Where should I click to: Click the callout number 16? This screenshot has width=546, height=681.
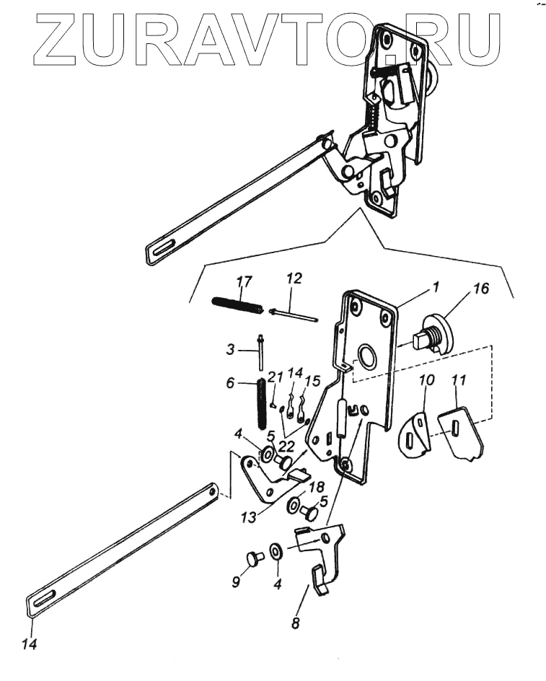click(x=481, y=289)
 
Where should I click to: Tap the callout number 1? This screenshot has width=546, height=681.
click(x=435, y=286)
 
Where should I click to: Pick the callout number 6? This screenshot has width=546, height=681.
click(x=230, y=384)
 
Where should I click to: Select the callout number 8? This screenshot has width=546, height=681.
click(x=295, y=623)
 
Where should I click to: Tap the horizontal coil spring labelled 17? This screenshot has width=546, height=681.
click(x=237, y=305)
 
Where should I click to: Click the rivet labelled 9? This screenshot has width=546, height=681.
click(x=253, y=559)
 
